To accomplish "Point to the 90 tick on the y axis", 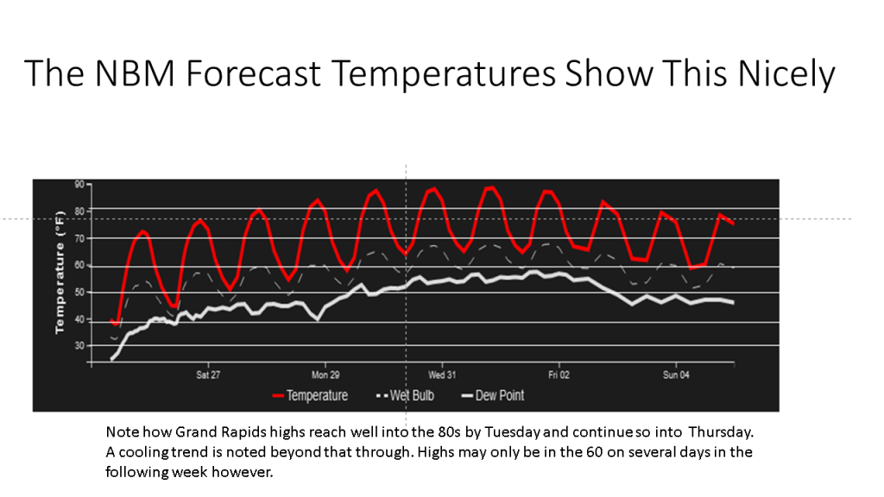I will (79, 185).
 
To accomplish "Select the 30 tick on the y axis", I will (79, 346).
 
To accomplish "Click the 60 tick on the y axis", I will (79, 265).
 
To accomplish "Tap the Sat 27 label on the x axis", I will (208, 375).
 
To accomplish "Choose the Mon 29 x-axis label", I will (325, 375).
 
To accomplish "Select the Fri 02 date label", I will (559, 375).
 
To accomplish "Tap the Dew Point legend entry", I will (499, 396).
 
